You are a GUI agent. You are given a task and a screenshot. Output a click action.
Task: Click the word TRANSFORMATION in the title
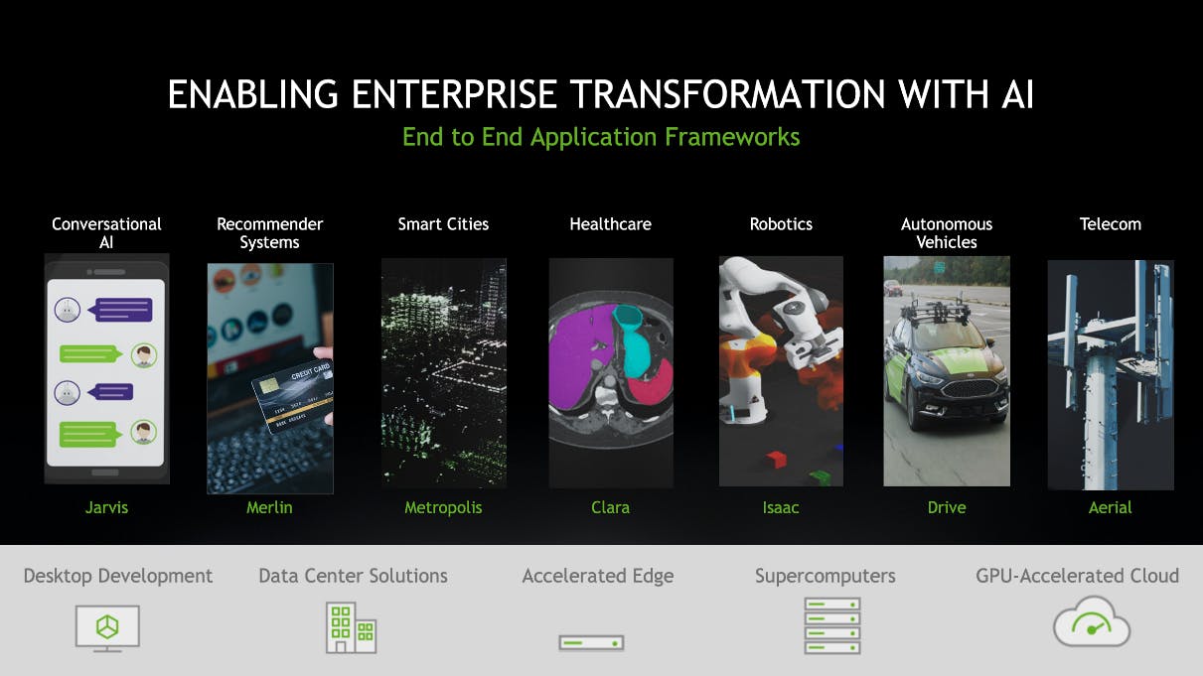pyautogui.click(x=727, y=94)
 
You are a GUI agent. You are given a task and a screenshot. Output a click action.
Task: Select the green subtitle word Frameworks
pyautogui.click(x=732, y=137)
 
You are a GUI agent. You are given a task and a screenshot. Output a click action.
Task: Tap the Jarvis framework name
pyautogui.click(x=106, y=507)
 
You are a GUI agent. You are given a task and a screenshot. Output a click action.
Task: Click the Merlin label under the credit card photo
pyautogui.click(x=269, y=507)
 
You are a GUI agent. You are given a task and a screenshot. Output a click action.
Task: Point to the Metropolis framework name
pyautogui.click(x=443, y=508)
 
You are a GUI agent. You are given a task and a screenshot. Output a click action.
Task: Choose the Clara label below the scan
pyautogui.click(x=610, y=507)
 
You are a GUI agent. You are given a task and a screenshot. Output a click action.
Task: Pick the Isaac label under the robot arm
pyautogui.click(x=781, y=507)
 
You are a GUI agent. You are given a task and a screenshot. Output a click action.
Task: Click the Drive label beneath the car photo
pyautogui.click(x=947, y=507)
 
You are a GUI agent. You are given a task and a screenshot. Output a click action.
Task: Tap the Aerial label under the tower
pyautogui.click(x=1110, y=507)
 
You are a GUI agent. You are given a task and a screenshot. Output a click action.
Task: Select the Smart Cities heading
pyautogui.click(x=443, y=224)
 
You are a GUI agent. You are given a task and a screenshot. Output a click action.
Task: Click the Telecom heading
pyautogui.click(x=1110, y=224)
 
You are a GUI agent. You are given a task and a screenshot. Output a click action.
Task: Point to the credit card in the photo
pyautogui.click(x=293, y=396)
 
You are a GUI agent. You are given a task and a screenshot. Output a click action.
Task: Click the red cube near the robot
pyautogui.click(x=776, y=460)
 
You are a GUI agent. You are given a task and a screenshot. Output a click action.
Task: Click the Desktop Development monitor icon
pyautogui.click(x=107, y=628)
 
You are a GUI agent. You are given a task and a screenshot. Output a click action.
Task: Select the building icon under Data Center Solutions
pyautogui.click(x=352, y=627)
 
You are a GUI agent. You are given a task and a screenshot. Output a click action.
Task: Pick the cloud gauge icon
pyautogui.click(x=1092, y=622)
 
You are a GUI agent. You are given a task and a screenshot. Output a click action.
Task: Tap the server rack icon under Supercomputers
pyautogui.click(x=831, y=625)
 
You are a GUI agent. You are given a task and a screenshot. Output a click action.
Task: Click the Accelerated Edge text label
pyautogui.click(x=598, y=576)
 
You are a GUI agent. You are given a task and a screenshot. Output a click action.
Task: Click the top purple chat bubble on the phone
pyautogui.click(x=124, y=310)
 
